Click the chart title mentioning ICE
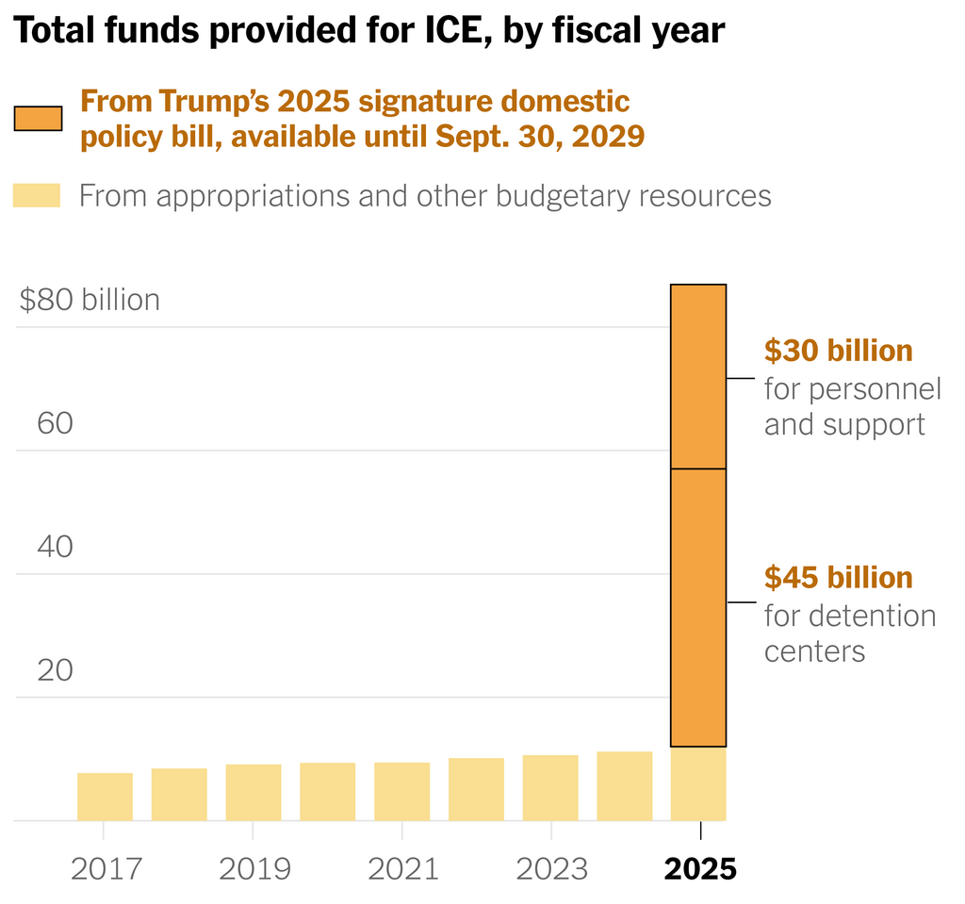(x=370, y=32)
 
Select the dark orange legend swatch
(x=38, y=118)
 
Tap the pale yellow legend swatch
(x=37, y=195)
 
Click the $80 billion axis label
(x=90, y=300)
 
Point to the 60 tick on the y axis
(x=55, y=423)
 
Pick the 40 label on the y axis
(x=55, y=547)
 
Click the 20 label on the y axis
(x=55, y=670)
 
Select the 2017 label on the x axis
(x=105, y=868)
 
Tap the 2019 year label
(x=254, y=868)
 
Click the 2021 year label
(x=402, y=868)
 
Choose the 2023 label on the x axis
(x=551, y=868)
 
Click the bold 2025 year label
(x=700, y=868)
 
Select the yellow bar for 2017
(x=105, y=797)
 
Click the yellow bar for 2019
(x=254, y=792)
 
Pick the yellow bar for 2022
(x=476, y=789)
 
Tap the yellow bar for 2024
(x=625, y=786)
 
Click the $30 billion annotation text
(x=838, y=351)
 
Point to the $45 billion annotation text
(x=838, y=577)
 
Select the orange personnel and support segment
(x=698, y=377)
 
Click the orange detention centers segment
(x=698, y=608)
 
